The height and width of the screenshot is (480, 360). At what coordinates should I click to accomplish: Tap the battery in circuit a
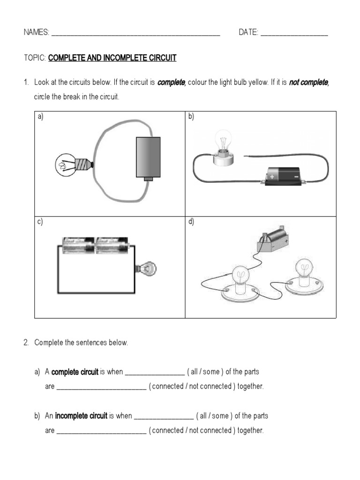(x=148, y=157)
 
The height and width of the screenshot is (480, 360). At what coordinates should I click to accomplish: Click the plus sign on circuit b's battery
(x=272, y=177)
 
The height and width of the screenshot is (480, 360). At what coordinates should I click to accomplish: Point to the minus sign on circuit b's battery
(x=296, y=177)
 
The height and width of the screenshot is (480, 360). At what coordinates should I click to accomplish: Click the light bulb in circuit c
(x=149, y=269)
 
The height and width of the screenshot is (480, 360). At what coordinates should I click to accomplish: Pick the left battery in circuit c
(x=78, y=245)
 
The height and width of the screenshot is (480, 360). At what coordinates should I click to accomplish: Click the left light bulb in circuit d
(x=241, y=277)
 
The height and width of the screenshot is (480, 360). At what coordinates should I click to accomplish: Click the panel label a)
(x=40, y=117)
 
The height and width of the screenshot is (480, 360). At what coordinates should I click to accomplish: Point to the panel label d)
(x=191, y=222)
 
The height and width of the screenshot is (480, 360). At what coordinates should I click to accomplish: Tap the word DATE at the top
(x=248, y=32)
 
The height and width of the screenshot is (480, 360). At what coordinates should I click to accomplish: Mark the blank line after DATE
(x=294, y=34)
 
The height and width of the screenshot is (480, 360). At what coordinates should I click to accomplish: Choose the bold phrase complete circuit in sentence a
(x=75, y=372)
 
